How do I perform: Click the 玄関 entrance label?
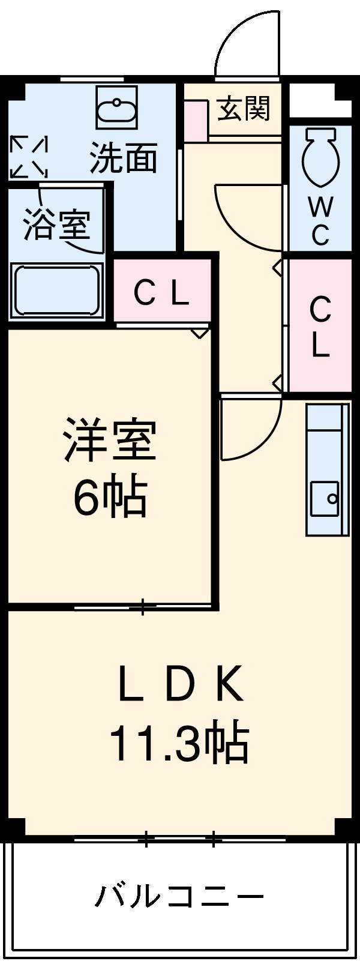point(244,109)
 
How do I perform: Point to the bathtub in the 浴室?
point(56,290)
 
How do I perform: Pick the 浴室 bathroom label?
point(56,224)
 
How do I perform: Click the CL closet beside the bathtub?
point(162,293)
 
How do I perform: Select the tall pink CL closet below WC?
point(320,327)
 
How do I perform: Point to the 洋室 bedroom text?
point(110,441)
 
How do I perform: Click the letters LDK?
point(181,684)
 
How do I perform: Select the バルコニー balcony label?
point(179,897)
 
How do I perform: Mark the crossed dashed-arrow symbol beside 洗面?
point(28,157)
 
